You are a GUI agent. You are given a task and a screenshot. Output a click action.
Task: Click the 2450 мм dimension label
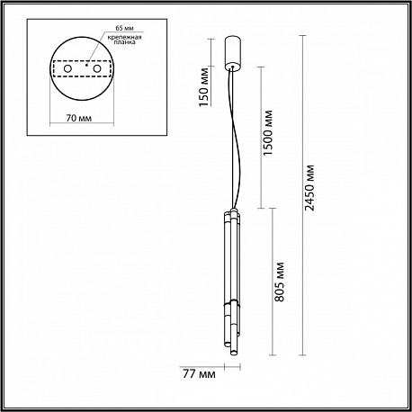pyautogui.click(x=310, y=188)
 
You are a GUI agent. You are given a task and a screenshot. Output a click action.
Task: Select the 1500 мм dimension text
pyautogui.click(x=268, y=132)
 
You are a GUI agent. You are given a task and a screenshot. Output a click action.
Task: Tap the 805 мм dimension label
pyautogui.click(x=280, y=282)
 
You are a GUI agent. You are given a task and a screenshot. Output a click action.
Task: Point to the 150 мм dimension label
pyautogui.click(x=204, y=87)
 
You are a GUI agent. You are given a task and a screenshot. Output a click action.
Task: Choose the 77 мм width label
pyautogui.click(x=199, y=374)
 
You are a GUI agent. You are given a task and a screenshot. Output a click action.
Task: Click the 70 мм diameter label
pyautogui.click(x=79, y=118)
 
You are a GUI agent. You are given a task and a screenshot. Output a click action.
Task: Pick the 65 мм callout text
pyautogui.click(x=124, y=28)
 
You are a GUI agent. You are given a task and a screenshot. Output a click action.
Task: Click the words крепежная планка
pyautogui.click(x=124, y=40)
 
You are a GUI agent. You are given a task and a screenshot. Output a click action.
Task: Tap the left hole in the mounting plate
pyautogui.click(x=67, y=69)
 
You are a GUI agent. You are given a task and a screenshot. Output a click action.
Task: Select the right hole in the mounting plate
pyautogui.click(x=97, y=69)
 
